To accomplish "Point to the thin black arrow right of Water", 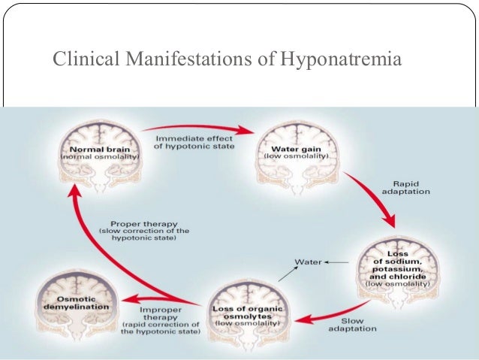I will click(336, 262).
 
